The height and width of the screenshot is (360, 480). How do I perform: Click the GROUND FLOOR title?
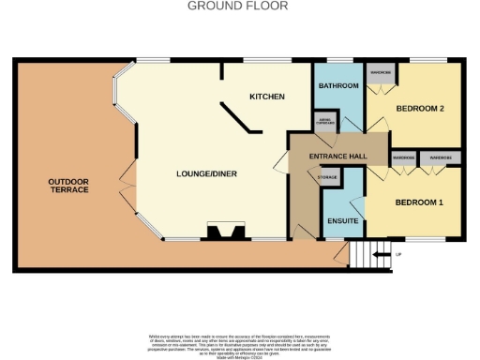pyautogui.click(x=238, y=6)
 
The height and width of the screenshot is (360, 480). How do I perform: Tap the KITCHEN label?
pyautogui.click(x=266, y=97)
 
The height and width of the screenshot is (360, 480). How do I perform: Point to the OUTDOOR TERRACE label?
pyautogui.click(x=69, y=185)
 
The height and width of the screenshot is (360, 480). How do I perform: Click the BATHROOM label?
pyautogui.click(x=337, y=86)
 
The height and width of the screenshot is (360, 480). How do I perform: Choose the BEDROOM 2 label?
pyautogui.click(x=418, y=109)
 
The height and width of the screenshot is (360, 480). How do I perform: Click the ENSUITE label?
pyautogui.click(x=341, y=221)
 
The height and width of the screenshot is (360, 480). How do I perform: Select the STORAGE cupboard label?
pyautogui.click(x=327, y=177)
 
